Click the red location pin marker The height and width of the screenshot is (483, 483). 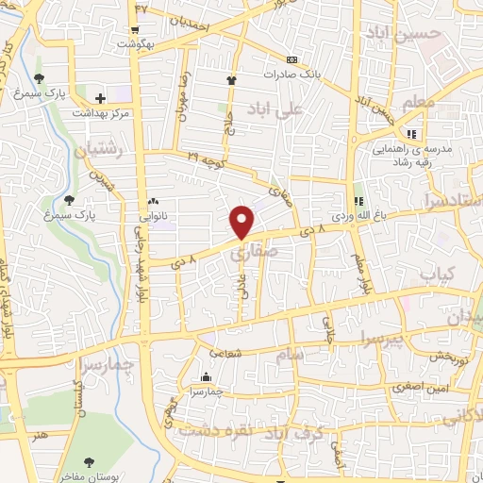coord(242,221)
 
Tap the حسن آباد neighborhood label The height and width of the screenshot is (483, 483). coord(416,34)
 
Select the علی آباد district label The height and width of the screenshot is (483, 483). coord(276,109)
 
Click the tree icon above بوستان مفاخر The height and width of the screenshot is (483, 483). coord(89,462)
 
